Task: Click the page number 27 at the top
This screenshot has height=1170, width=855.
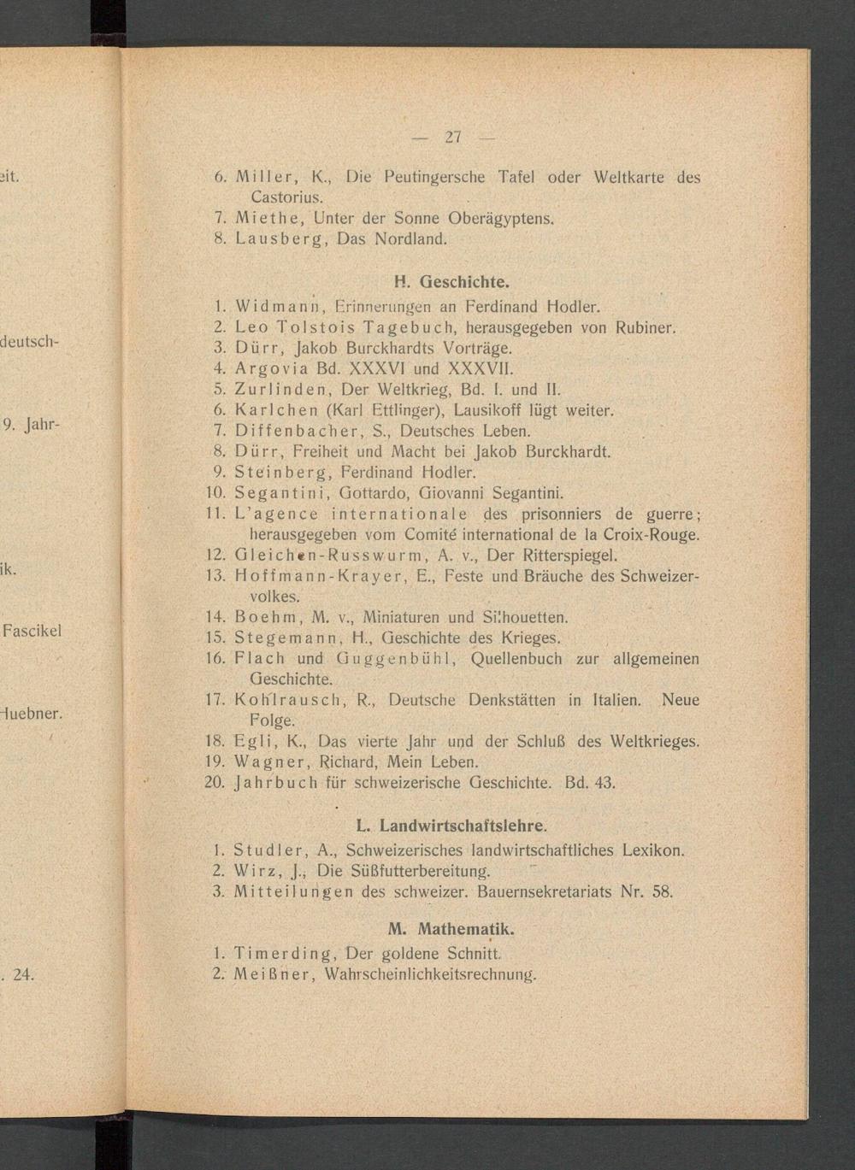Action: (453, 137)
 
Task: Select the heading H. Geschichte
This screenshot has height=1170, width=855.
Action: (452, 282)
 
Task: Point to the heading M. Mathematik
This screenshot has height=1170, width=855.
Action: (451, 929)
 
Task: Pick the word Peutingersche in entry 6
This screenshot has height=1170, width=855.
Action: (434, 178)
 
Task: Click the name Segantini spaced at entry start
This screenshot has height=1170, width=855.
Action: (277, 493)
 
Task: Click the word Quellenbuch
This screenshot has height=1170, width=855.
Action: (516, 659)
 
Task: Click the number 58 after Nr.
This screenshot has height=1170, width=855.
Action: (663, 892)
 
